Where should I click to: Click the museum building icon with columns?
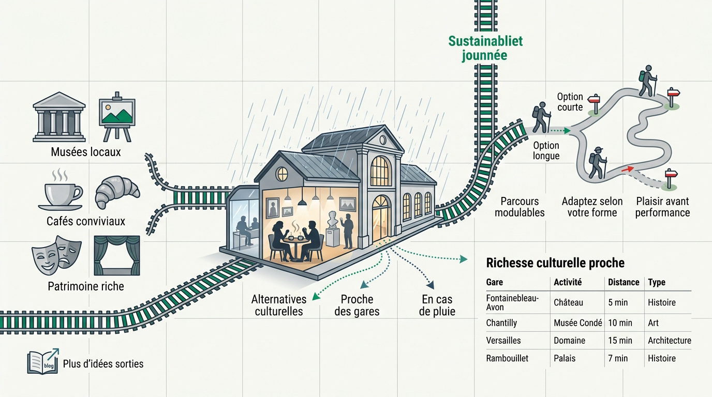tap(59, 116)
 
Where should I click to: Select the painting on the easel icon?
tap(117, 117)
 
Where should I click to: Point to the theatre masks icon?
tap(56, 255)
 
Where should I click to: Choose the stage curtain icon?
tap(117, 255)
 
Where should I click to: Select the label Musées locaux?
tap(86, 152)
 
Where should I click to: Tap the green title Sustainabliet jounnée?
tap(485, 48)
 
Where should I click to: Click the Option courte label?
tap(570, 102)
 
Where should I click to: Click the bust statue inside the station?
tap(333, 219)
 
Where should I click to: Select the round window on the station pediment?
tap(383, 140)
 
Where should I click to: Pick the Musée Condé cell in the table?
tap(578, 323)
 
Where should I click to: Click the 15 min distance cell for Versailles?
tap(620, 341)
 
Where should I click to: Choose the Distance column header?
tap(624, 282)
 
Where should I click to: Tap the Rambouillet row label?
tap(507, 358)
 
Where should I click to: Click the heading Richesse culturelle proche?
tap(555, 263)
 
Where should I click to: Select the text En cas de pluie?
tap(437, 305)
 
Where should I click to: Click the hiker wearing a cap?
tap(598, 163)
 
